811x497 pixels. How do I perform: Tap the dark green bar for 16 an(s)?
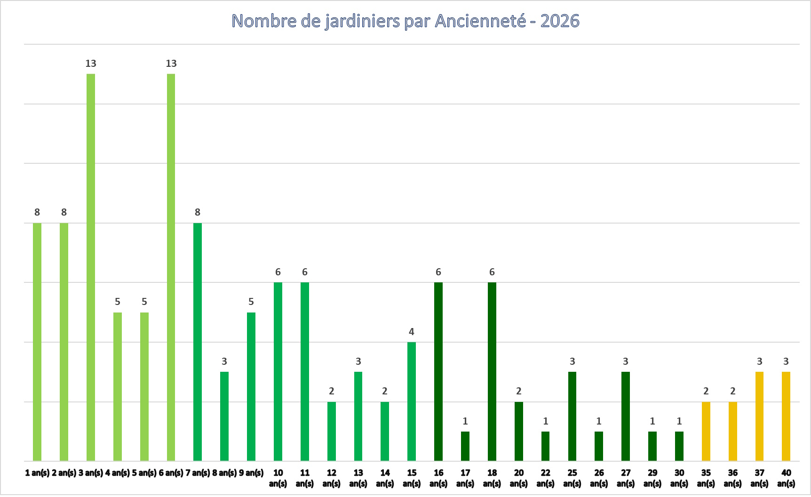tap(438, 371)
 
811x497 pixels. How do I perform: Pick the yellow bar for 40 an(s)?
tap(786, 416)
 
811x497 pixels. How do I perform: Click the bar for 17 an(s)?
tap(465, 446)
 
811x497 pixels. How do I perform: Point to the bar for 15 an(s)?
tap(412, 401)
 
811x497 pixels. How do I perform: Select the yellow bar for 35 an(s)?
tap(706, 431)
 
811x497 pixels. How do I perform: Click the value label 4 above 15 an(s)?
tap(412, 332)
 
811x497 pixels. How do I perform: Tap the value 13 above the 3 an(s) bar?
tap(91, 64)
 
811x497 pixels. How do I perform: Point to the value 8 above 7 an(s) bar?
tap(198, 212)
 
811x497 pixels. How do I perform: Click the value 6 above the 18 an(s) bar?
tap(492, 272)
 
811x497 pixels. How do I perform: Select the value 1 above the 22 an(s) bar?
tap(545, 421)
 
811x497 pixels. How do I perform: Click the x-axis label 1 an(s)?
tap(37, 473)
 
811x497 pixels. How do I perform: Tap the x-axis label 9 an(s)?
tap(251, 473)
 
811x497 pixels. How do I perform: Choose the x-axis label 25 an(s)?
tap(572, 478)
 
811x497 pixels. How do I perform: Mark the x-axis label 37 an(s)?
tap(759, 478)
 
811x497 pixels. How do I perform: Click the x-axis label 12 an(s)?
tap(331, 478)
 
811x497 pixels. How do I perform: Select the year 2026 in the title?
tap(560, 21)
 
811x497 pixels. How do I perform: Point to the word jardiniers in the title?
tap(362, 21)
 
